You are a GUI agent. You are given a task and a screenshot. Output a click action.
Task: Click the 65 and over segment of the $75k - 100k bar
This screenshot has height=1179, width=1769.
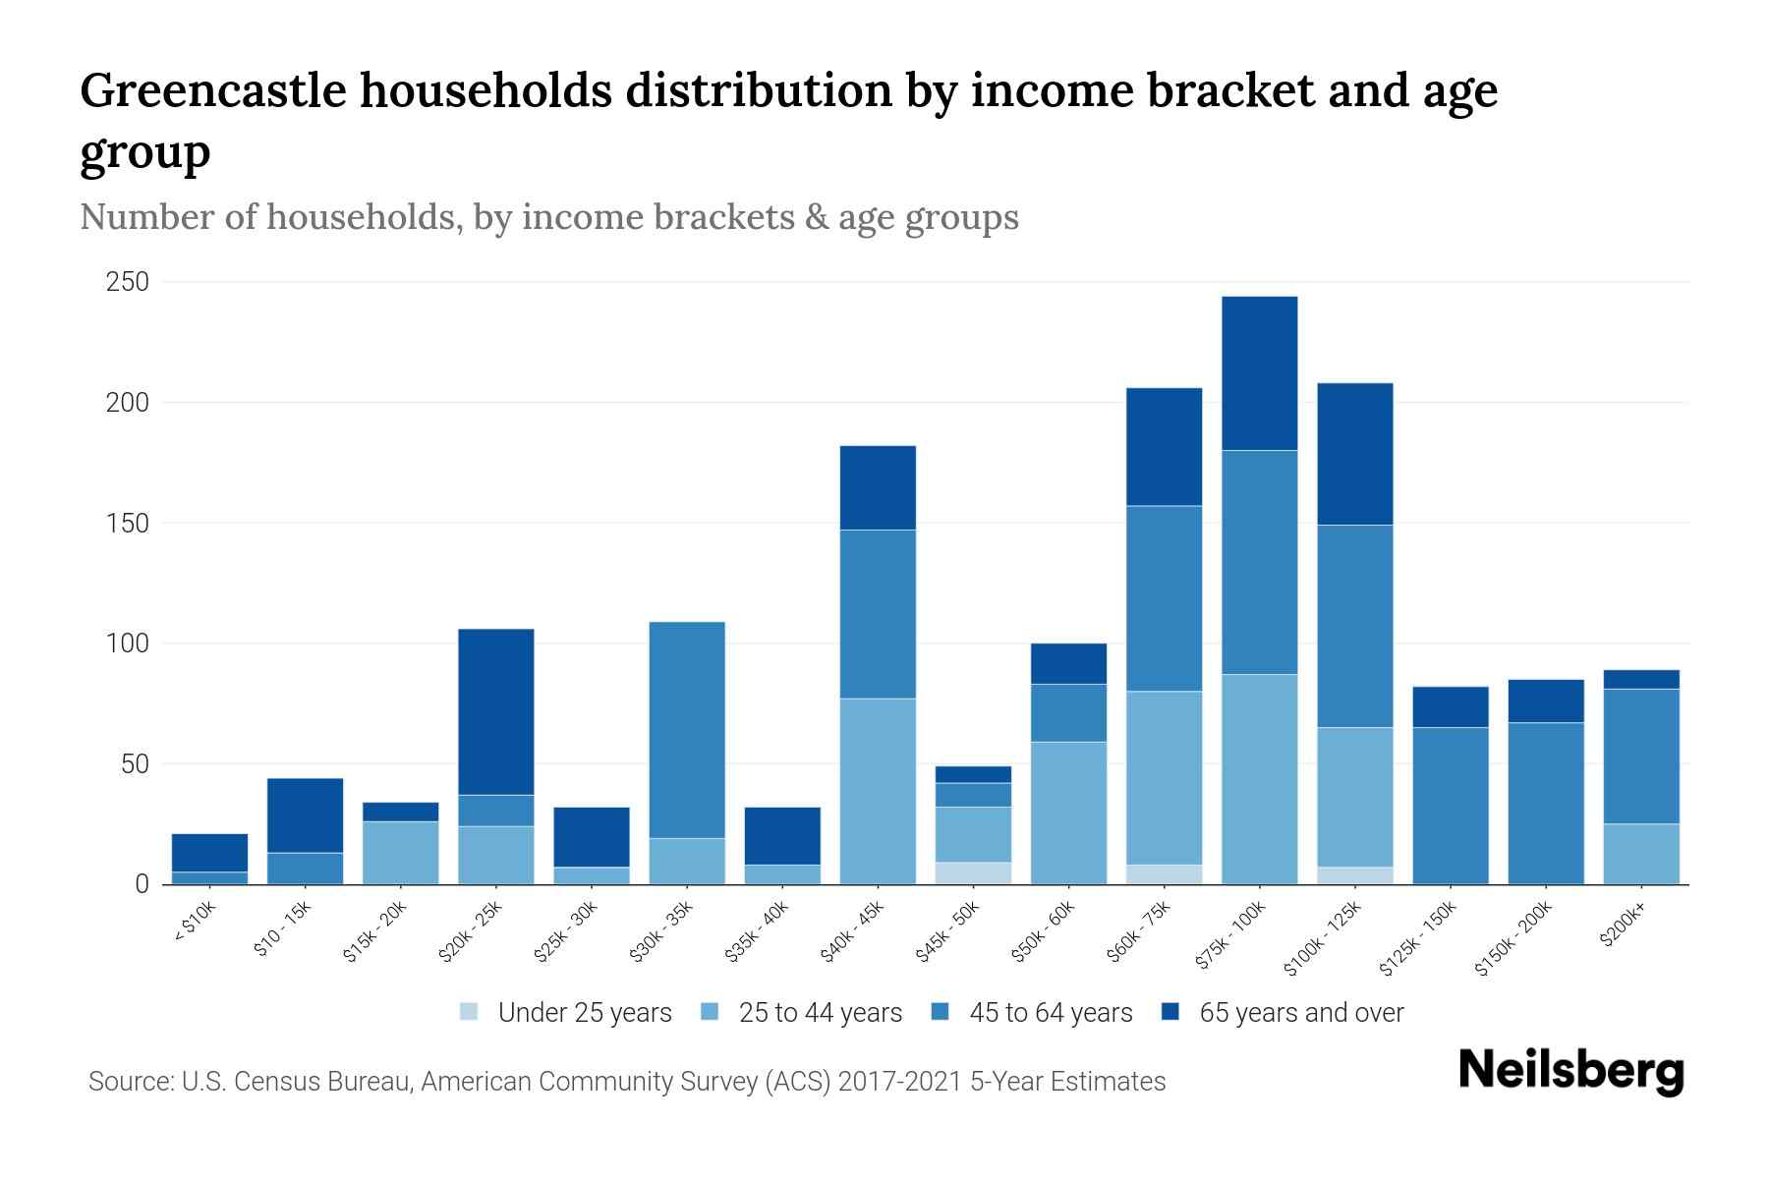coord(1259,373)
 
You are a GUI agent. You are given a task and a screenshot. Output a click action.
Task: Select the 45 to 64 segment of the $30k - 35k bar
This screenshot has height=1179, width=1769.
coord(687,730)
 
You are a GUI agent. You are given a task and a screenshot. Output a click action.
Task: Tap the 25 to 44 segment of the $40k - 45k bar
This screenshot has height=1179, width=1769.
coord(878,791)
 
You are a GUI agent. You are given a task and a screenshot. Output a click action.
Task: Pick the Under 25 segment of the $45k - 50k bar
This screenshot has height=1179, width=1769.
coord(973,873)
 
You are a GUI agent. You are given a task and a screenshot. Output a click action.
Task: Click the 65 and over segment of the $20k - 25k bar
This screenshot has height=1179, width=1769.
coord(496,711)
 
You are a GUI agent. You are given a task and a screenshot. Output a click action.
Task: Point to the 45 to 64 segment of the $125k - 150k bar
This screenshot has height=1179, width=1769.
coord(1450,806)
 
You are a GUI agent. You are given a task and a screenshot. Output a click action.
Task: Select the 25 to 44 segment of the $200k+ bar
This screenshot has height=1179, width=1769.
coord(1641,854)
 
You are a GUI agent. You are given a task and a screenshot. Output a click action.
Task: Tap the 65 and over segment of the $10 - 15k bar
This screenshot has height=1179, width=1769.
coord(305,815)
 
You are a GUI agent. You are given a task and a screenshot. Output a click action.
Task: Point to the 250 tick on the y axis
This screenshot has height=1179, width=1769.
coord(127,283)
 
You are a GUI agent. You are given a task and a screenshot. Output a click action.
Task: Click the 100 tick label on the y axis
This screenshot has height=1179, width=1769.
coord(127,645)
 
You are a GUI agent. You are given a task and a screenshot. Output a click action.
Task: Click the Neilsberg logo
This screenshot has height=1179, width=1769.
coord(1570,1071)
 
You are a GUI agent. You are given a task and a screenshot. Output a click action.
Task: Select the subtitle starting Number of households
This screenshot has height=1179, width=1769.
coord(548,217)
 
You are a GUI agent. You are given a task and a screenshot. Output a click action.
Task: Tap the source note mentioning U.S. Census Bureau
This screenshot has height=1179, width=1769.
coord(626,1082)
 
